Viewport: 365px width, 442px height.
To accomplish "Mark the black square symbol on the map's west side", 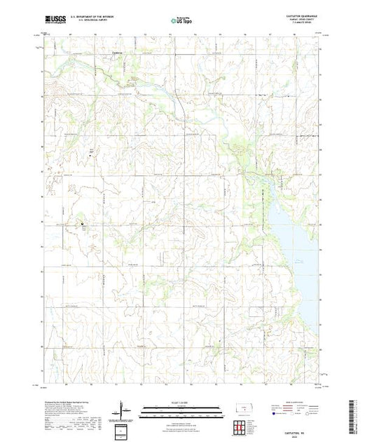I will click(82, 225).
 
